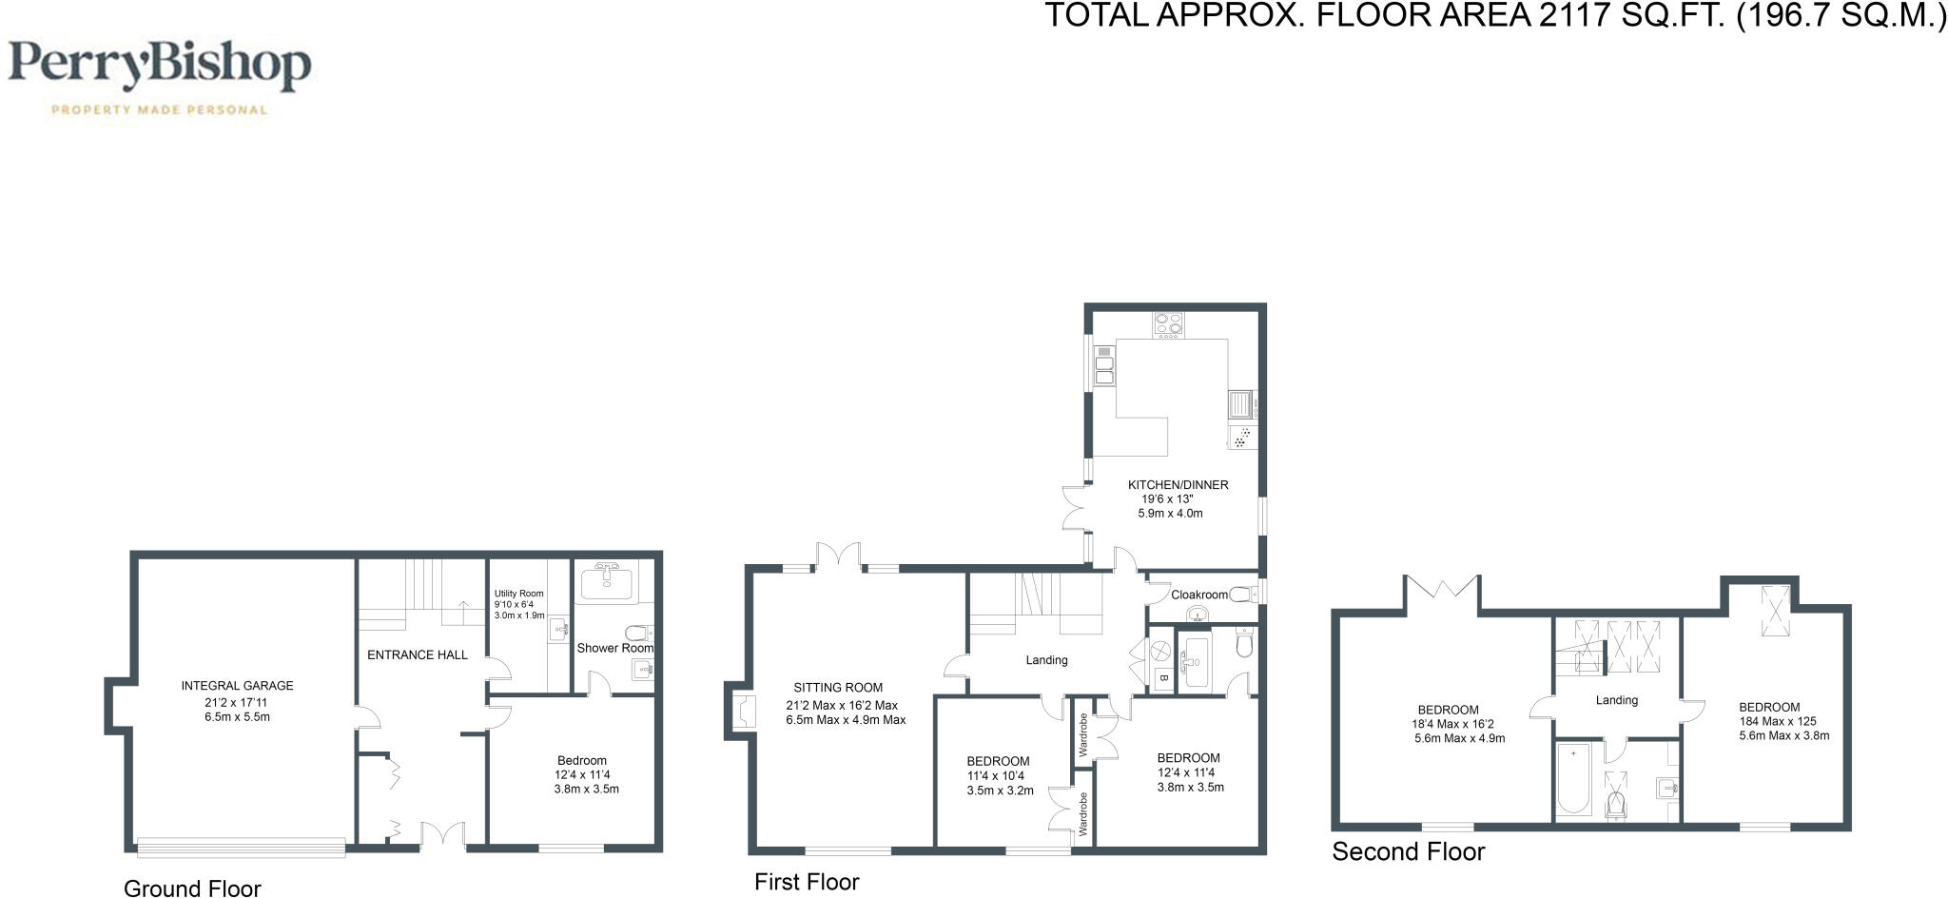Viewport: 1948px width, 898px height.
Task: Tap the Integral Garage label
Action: tap(238, 686)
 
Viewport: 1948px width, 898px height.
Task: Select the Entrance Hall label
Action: tap(418, 654)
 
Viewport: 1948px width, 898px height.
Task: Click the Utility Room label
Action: tap(519, 594)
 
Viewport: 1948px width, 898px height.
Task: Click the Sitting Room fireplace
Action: tap(742, 711)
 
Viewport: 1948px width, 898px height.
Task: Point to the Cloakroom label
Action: tap(1199, 595)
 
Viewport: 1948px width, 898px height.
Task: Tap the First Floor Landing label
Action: tap(1046, 660)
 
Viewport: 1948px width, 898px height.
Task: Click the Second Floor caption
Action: tap(1408, 851)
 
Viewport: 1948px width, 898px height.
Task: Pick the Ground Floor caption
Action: tap(192, 888)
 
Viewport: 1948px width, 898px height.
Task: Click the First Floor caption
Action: tap(807, 882)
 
